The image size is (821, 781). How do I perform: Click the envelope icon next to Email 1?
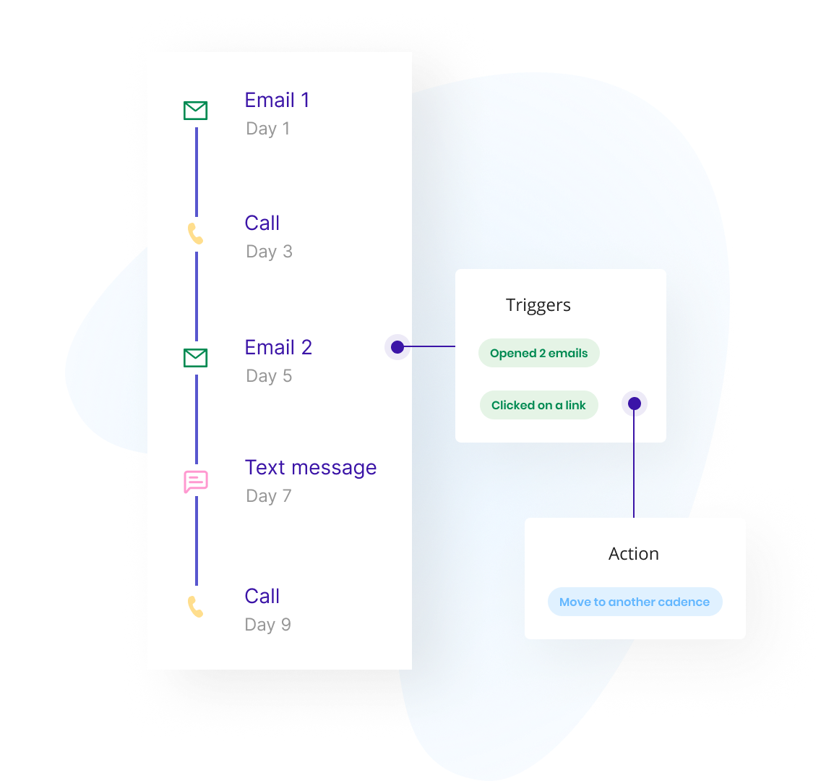pos(195,111)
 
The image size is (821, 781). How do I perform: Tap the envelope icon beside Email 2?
pos(195,357)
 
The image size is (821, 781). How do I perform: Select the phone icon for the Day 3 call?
pos(195,234)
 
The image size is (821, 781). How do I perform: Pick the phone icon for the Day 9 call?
pos(195,607)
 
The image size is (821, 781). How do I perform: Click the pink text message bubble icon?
pos(196,482)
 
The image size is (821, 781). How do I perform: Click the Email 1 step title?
pos(277,100)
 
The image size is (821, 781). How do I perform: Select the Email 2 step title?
pos(278,347)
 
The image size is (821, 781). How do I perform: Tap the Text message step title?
pos(310,467)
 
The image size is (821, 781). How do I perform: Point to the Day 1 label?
pos(267,129)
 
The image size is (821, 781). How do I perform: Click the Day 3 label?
pos(269,252)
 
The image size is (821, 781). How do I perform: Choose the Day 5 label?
pos(269,376)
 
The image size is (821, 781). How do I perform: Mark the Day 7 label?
pos(268,496)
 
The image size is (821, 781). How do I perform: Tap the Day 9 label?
pos(267,625)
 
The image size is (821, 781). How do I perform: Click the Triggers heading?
pos(538,305)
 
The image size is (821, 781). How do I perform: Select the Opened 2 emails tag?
pos(538,354)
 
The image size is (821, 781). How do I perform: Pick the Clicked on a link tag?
pos(538,405)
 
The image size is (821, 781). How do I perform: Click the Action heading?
pos(634,554)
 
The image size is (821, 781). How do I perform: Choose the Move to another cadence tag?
pos(635,602)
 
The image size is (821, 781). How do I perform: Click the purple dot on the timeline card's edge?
pos(397,347)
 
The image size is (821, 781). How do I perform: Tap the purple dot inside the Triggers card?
pos(634,404)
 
